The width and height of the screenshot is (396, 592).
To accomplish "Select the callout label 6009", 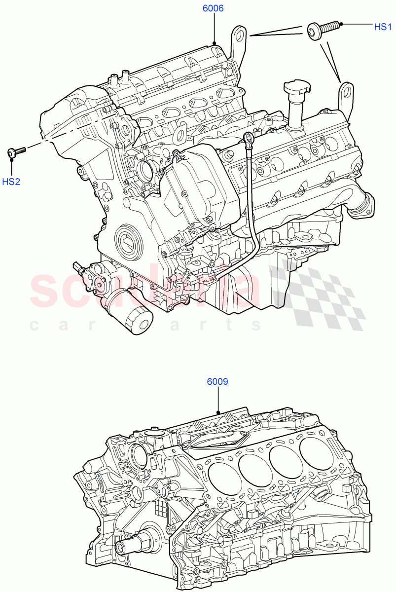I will [x=217, y=381].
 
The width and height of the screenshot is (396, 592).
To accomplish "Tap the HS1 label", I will [x=383, y=27].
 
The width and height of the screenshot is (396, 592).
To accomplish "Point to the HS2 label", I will [x=11, y=182].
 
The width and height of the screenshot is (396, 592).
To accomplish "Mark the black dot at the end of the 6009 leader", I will [x=218, y=412].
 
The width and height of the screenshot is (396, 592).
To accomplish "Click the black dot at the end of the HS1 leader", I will [x=341, y=24].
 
